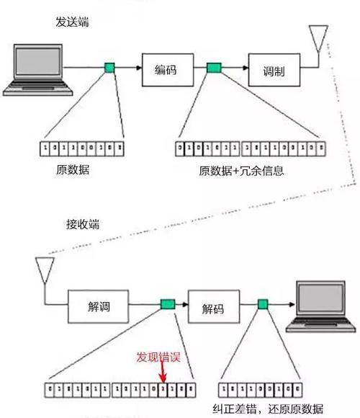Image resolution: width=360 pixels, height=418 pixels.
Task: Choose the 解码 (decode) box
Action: pyautogui.click(x=212, y=308)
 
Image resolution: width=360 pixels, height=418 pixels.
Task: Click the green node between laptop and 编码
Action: pyautogui.click(x=109, y=68)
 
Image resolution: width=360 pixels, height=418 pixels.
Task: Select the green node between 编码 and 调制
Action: pyautogui.click(x=214, y=68)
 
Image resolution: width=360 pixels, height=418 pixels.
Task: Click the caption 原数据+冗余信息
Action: pyautogui.click(x=242, y=171)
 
